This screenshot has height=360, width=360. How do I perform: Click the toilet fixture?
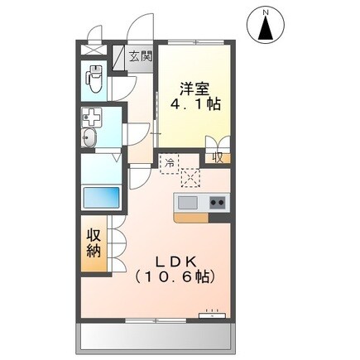(x=95, y=81)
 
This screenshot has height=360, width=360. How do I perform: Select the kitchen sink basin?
(x=187, y=203)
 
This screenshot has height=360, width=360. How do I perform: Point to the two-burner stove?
(x=217, y=203)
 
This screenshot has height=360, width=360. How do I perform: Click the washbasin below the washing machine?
(x=90, y=138)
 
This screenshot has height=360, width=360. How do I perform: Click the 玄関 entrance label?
(x=142, y=58)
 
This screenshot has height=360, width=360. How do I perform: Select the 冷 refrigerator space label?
(x=169, y=161)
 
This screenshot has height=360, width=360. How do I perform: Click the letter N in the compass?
(x=266, y=12)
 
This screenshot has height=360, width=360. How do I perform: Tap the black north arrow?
(x=266, y=29)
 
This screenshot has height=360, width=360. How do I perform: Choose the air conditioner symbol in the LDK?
(x=213, y=315)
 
